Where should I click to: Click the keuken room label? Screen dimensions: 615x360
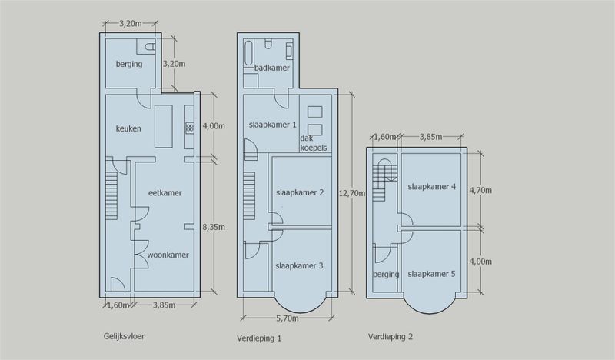[x=128, y=128]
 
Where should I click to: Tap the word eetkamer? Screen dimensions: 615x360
[x=165, y=193]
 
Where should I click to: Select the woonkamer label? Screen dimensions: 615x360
[x=168, y=255]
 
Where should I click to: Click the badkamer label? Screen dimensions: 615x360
[x=272, y=68]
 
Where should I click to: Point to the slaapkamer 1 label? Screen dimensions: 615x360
[x=273, y=125]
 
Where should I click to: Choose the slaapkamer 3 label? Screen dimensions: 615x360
[x=299, y=266]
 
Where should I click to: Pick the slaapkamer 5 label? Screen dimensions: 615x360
[x=431, y=274]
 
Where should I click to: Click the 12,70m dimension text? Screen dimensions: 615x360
[x=352, y=193]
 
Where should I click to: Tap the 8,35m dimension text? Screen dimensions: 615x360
[x=214, y=227]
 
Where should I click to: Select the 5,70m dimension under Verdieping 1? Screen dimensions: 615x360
[x=288, y=318]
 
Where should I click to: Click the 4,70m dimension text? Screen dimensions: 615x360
[x=480, y=191]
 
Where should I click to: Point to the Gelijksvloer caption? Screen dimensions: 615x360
[x=124, y=336]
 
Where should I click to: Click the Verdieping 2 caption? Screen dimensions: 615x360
[x=391, y=336]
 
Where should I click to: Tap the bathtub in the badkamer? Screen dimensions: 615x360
[x=248, y=54]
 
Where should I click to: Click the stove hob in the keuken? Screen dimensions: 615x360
[x=189, y=127]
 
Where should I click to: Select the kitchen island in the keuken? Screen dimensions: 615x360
[x=164, y=126]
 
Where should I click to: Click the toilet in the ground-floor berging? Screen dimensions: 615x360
[x=149, y=47]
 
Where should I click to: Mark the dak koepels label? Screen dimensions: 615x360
[x=314, y=143]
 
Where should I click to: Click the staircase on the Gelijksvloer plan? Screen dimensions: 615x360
[x=111, y=195]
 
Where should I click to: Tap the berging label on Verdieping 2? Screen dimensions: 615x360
[x=386, y=275]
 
